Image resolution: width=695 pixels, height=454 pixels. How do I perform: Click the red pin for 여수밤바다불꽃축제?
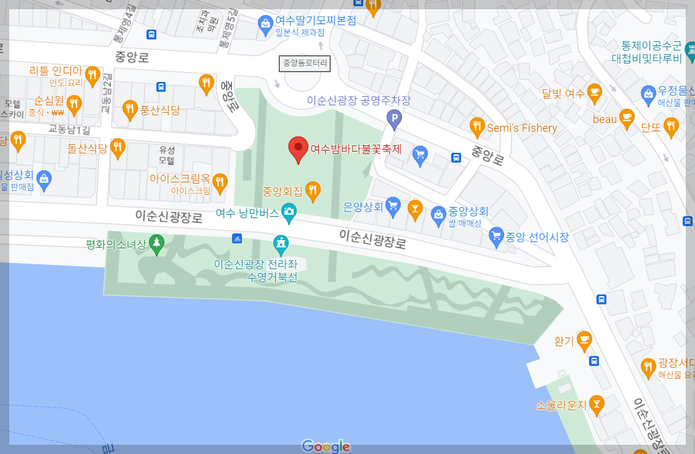[299, 148]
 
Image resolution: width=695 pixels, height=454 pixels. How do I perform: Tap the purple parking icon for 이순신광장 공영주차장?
[394, 118]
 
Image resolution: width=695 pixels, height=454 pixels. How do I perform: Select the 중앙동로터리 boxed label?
[305, 63]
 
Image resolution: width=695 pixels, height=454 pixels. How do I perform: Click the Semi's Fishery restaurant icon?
[477, 127]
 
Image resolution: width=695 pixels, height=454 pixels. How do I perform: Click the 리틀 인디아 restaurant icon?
[92, 75]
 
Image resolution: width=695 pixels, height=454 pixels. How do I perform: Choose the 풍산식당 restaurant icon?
[130, 110]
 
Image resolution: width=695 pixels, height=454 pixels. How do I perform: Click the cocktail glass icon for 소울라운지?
[596, 404]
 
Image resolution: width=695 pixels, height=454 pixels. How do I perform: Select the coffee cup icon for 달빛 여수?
[594, 92]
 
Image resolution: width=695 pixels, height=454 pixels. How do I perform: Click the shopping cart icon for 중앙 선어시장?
[496, 235]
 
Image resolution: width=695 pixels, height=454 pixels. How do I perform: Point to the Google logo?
[326, 446]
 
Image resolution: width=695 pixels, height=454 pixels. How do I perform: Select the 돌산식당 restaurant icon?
[118, 147]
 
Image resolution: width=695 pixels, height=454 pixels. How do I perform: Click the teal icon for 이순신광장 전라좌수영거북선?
[281, 244]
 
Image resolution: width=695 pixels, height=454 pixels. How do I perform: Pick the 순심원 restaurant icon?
[74, 103]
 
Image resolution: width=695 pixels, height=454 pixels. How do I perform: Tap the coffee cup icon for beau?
[627, 117]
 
